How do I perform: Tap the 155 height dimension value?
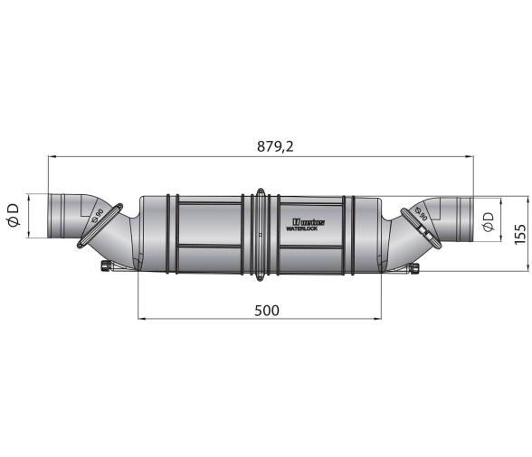point(519,233)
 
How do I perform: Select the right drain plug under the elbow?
point(416,266)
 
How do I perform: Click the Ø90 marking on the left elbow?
point(97,216)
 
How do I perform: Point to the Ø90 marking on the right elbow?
point(421,216)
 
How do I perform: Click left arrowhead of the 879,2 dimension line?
point(51,156)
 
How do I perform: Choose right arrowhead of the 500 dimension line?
point(379,319)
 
